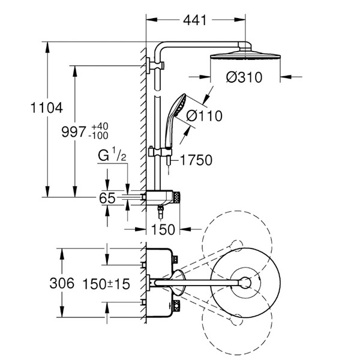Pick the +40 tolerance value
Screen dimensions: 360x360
(x=100, y=127)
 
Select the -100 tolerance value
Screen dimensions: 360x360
(x=100, y=137)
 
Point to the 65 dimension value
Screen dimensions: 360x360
(x=107, y=198)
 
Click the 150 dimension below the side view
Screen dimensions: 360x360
(x=164, y=229)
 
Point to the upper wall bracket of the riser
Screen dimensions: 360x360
(x=157, y=64)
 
